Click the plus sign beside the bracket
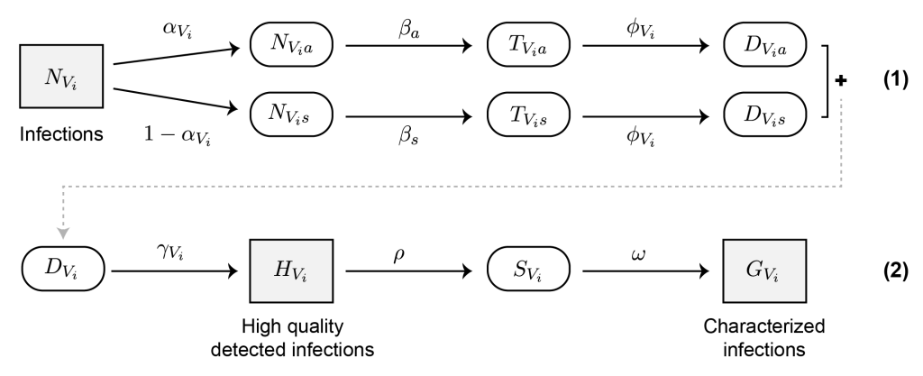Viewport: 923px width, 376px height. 842,79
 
